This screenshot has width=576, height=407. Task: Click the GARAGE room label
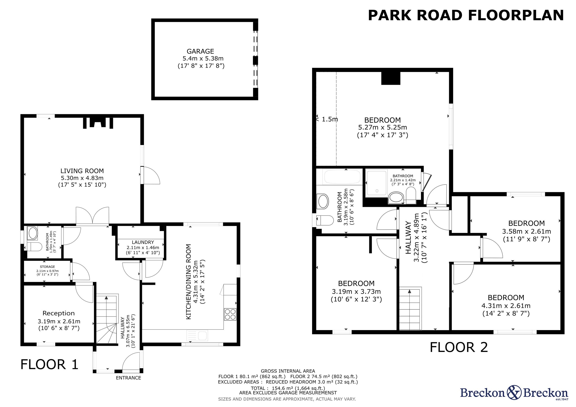pyautogui.click(x=200, y=51)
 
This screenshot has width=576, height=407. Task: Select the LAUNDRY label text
pyautogui.click(x=143, y=242)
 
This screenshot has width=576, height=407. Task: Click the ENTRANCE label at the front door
pyautogui.click(x=128, y=378)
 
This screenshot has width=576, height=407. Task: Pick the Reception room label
pyautogui.click(x=59, y=313)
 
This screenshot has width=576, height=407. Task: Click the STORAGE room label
pyautogui.click(x=47, y=267)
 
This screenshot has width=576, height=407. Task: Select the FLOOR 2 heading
pyautogui.click(x=459, y=347)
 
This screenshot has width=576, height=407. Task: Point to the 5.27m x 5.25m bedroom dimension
pyautogui.click(x=382, y=127)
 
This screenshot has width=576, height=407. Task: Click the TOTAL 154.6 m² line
pyautogui.click(x=288, y=388)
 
